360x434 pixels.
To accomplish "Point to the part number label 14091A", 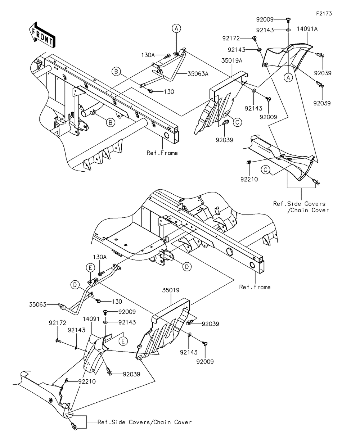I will coord(307,29).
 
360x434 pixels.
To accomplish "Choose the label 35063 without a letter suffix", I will coord(39,304).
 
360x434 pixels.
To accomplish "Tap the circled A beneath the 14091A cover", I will coord(288,77).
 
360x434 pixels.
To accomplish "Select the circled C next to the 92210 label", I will coord(266,170).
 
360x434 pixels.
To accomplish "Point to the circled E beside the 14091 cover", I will coord(123,340).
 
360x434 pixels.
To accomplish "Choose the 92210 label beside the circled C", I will coord(249,178).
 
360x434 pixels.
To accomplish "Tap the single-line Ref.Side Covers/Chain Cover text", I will coord(145,422).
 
